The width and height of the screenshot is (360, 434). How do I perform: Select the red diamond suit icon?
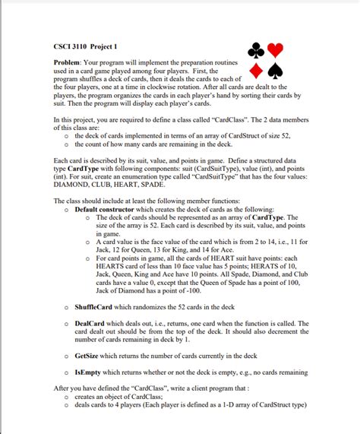pyautogui.click(x=257, y=71)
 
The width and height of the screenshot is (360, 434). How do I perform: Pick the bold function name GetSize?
pyautogui.click(x=90, y=356)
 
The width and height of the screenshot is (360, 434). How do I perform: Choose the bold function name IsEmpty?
pyautogui.click(x=90, y=372)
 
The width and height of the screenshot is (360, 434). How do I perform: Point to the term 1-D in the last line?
pyautogui.click(x=240, y=404)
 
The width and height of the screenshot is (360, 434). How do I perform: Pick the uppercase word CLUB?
pyautogui.click(x=108, y=185)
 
